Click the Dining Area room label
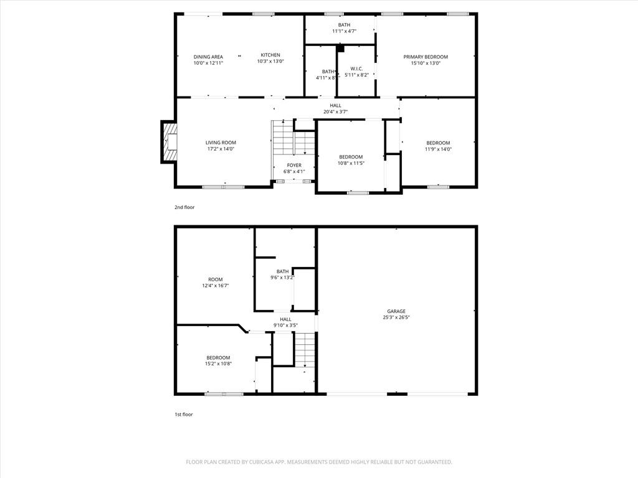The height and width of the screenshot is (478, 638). [x=208, y=57]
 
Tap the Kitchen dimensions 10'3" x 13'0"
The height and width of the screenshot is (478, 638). [x=270, y=62]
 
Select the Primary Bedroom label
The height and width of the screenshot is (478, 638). [x=426, y=57]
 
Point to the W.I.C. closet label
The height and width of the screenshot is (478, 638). [x=356, y=68]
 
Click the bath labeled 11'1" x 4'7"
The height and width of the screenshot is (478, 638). [x=344, y=27]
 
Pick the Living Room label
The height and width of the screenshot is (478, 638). [x=221, y=143]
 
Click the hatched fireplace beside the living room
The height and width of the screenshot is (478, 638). [x=170, y=142]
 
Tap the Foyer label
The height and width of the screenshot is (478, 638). [x=294, y=165]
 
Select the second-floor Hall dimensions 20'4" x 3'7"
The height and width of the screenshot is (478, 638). [x=336, y=112]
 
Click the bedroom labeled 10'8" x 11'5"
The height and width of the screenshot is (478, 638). [x=351, y=160]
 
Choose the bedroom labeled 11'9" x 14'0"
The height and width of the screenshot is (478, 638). [x=438, y=146]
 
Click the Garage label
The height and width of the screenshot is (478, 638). [x=396, y=311]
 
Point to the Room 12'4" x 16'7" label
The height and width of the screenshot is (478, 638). [x=215, y=283]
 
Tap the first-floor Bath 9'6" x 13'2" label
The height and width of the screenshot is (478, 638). [x=282, y=274]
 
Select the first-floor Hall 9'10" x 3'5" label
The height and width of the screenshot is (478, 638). [x=285, y=322]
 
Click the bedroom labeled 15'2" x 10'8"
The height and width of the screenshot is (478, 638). [x=218, y=361]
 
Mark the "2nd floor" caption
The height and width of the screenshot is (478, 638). [x=184, y=207]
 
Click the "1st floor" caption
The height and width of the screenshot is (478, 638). [x=184, y=415]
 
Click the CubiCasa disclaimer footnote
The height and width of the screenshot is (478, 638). [x=319, y=462]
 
